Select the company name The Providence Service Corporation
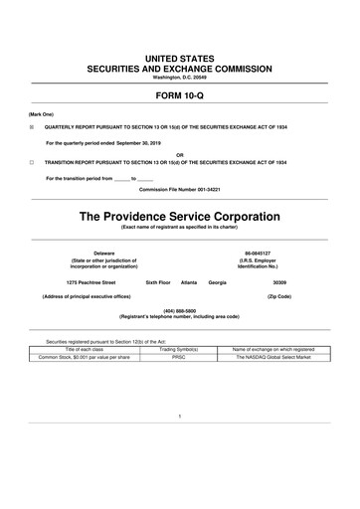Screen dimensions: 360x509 (x=180, y=215)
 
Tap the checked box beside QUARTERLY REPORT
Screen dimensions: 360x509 (x=31, y=128)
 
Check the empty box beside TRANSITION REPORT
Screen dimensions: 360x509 (x=31, y=161)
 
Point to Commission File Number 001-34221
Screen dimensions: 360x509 (x=180, y=187)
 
